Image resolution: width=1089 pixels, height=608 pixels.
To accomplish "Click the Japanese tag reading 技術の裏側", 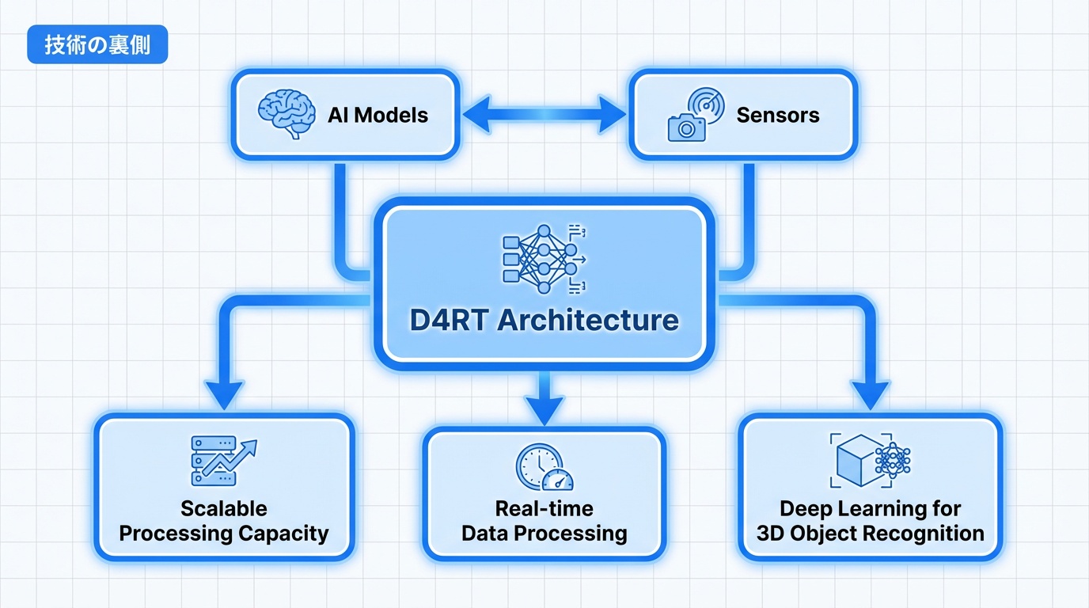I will click(97, 46).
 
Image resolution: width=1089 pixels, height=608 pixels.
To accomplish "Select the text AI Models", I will click(378, 115).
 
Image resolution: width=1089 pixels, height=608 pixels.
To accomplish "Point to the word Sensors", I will click(777, 115).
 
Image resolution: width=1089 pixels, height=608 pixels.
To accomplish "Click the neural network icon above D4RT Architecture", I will click(544, 255).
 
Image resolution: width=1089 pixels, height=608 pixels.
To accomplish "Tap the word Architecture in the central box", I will click(590, 320).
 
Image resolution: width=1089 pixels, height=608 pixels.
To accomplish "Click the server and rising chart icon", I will click(224, 462).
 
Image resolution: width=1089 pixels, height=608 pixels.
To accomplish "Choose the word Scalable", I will click(224, 508).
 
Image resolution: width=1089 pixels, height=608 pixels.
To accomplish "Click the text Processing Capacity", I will click(224, 533).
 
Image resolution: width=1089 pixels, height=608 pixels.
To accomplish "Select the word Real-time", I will click(544, 508).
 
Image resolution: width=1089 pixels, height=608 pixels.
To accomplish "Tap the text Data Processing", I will click(544, 533).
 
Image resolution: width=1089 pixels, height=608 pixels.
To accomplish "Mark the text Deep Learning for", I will click(870, 508).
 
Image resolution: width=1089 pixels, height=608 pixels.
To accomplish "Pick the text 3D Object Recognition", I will click(870, 533).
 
